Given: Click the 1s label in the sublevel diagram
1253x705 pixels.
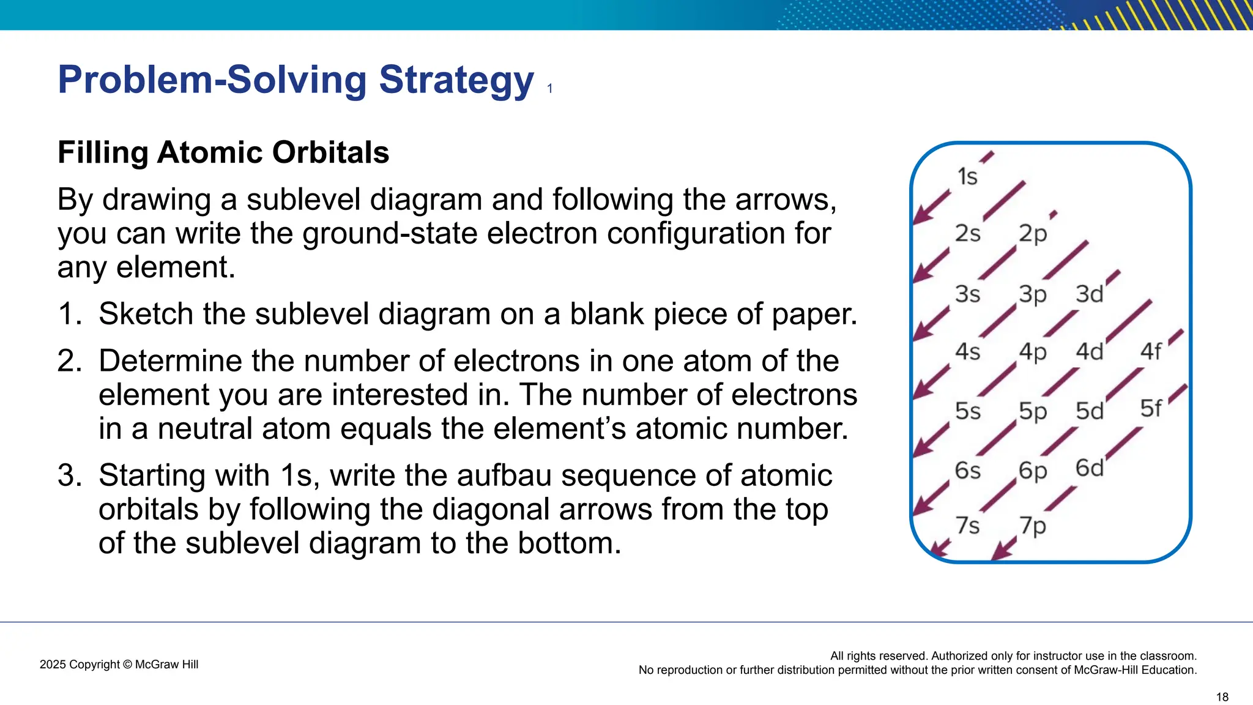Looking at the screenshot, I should pyautogui.click(x=967, y=177).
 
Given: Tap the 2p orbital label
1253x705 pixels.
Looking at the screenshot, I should pyautogui.click(x=1033, y=234).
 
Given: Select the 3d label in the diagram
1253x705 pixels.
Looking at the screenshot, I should pyautogui.click(x=1089, y=294).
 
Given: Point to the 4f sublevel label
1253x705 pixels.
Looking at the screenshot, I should pyautogui.click(x=1150, y=352).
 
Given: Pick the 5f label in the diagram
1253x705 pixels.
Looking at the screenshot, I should pyautogui.click(x=1150, y=408).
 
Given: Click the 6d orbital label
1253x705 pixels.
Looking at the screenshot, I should pyautogui.click(x=1089, y=468).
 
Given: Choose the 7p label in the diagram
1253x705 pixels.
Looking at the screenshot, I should pyautogui.click(x=1033, y=526).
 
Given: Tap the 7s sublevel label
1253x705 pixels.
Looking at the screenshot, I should pyautogui.click(x=967, y=526).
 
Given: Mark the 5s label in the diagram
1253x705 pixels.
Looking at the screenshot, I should pyautogui.click(x=967, y=411).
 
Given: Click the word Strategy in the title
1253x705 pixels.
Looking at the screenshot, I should pyautogui.click(x=456, y=80).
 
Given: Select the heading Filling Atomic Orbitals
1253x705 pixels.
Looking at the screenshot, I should pyautogui.click(x=223, y=152).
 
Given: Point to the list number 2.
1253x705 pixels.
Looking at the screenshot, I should pyautogui.click(x=69, y=361).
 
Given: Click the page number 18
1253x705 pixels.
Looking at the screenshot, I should pyautogui.click(x=1222, y=697).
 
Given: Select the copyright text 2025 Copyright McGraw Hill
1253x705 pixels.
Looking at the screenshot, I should pyautogui.click(x=119, y=665).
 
